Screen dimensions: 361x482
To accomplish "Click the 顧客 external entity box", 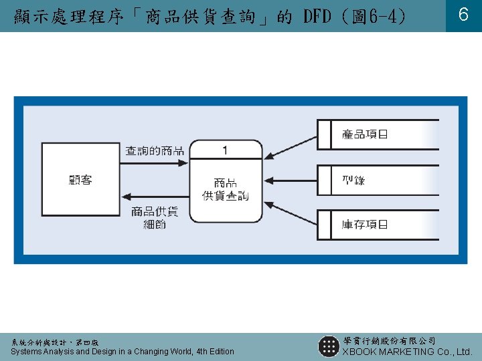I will click(80, 180).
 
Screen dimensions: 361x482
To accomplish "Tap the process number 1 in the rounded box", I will click(225, 150).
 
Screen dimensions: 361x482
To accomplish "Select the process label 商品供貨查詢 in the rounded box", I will click(225, 189).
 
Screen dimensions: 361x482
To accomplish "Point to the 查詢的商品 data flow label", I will click(155, 151).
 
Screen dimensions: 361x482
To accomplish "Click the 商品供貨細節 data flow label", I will click(155, 218).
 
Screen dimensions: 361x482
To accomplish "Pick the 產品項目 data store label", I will click(365, 134).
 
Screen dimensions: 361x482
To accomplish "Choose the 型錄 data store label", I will click(353, 180).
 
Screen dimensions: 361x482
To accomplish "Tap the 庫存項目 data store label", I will click(365, 225).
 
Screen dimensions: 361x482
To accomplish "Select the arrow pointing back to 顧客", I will click(155, 197).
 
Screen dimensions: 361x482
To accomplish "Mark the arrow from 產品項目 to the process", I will click(291, 146).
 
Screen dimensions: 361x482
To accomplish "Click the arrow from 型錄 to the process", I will click(291, 180).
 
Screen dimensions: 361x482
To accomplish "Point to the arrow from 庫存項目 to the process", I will click(291, 213).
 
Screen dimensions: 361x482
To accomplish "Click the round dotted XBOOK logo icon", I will click(329, 346).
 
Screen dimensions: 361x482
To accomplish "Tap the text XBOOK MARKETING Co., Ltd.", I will click(408, 352).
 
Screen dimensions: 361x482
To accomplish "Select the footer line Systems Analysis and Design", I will click(123, 352).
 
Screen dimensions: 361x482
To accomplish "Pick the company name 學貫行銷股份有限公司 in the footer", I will click(389, 341).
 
